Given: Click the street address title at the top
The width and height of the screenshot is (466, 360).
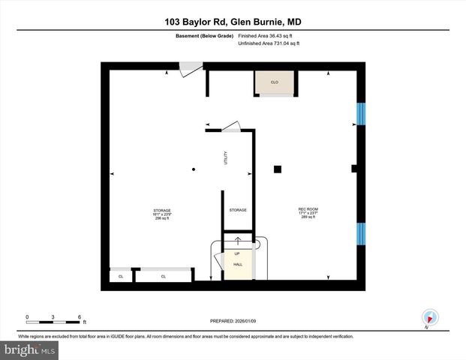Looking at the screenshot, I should tap(233, 22).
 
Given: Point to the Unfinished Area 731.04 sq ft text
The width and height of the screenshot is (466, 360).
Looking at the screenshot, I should tap(268, 44).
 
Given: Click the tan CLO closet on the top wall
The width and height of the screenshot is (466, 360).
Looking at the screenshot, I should tap(275, 82).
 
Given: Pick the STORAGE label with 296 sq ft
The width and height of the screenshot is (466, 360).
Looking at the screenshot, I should tap(162, 213).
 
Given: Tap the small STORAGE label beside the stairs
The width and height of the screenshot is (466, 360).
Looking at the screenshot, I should tap(238, 210).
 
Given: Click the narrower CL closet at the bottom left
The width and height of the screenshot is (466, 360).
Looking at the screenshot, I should tap(120, 276).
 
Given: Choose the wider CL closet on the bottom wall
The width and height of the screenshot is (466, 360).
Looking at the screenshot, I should tap(162, 276).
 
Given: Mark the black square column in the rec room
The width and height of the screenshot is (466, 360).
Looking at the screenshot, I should tap(278, 169).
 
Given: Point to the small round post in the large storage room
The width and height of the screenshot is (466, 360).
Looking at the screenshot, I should tap(193, 169).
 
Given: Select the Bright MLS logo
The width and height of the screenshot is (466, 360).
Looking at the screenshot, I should tap(30, 349).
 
